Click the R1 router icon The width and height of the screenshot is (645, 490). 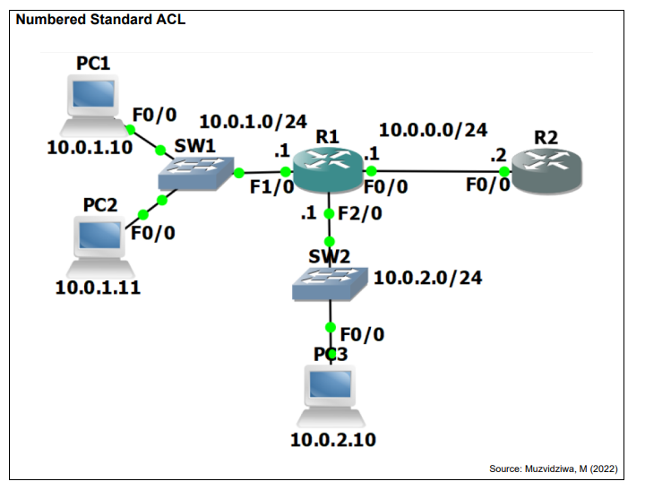tap(328, 169)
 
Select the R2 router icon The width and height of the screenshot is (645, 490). tap(546, 172)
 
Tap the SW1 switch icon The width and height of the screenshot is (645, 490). tap(196, 173)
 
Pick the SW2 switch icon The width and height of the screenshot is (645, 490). tap(330, 284)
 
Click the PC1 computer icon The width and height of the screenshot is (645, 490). tap(94, 106)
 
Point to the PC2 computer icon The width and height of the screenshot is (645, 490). tap(100, 246)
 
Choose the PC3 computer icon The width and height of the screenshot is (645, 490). tap(331, 396)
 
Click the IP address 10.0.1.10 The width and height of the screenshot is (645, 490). tap(90, 148)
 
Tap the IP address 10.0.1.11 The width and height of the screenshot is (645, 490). tap(98, 288)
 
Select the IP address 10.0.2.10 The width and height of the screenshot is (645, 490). tap(333, 440)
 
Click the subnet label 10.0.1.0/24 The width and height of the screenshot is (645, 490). tap(253, 122)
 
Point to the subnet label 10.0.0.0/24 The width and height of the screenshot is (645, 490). tap(434, 130)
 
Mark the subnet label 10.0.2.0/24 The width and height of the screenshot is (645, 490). tap(428, 278)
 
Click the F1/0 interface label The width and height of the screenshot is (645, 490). tap(272, 187)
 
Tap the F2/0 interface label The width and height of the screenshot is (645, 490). tap(360, 213)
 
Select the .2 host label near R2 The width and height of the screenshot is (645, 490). tap(498, 156)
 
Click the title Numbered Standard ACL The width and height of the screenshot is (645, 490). tap(100, 20)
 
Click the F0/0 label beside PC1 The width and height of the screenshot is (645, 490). tap(155, 116)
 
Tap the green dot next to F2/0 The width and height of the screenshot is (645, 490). tap(329, 214)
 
